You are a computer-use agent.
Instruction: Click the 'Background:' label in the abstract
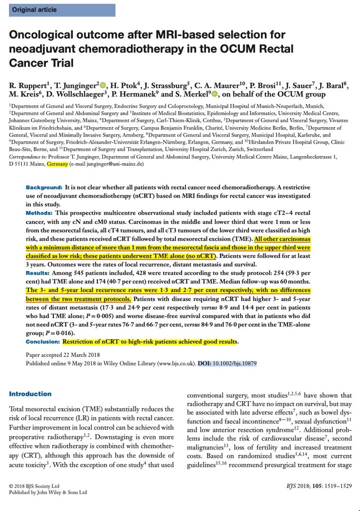click(44, 187)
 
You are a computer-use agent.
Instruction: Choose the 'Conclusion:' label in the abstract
click(43, 342)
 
